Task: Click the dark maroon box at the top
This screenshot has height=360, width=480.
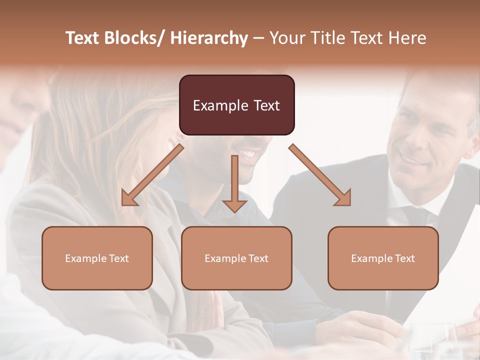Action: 236,105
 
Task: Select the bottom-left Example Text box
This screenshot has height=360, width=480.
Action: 97,258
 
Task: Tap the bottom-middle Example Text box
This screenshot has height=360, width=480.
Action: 236,258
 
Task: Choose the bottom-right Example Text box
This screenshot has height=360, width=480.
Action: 383,258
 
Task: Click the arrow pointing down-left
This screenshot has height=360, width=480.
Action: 152,175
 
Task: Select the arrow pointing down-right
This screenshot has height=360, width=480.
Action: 320,175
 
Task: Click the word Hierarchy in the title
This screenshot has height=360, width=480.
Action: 209,38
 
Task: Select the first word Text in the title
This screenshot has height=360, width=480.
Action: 83,38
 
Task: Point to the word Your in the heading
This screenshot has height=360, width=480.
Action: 286,38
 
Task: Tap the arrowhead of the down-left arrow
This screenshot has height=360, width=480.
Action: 128,198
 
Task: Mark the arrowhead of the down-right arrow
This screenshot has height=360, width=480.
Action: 343,198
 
